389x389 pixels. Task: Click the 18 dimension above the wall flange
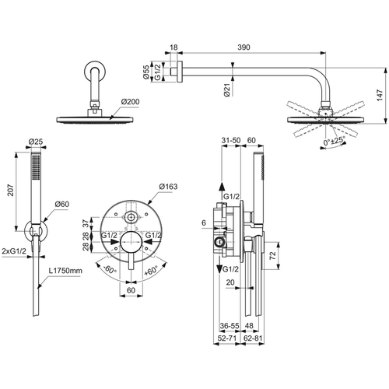(173, 47)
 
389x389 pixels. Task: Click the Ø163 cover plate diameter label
(169, 187)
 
